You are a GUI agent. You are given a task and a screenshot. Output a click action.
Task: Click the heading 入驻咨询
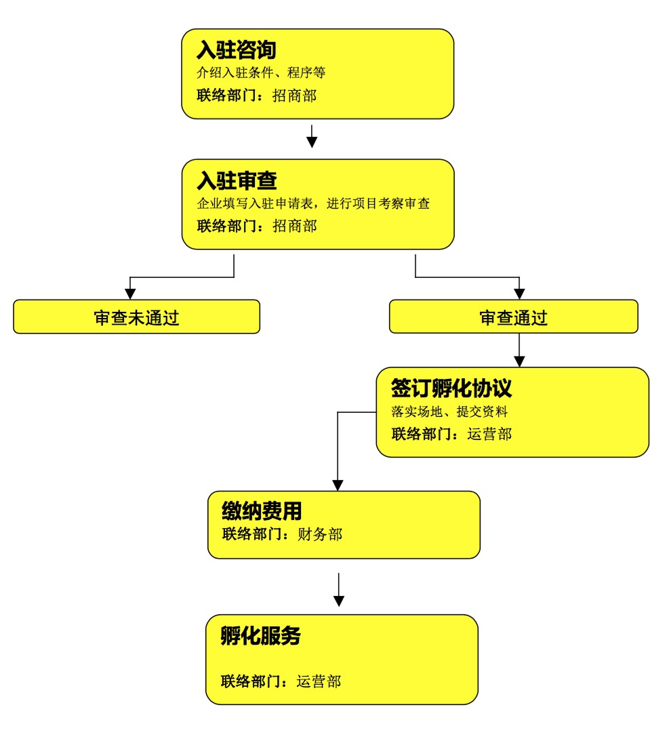(x=236, y=50)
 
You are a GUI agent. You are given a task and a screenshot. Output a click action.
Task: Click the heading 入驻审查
(x=237, y=180)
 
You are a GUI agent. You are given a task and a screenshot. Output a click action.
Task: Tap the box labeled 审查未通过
(x=137, y=317)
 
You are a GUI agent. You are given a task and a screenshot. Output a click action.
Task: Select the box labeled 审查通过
(x=514, y=317)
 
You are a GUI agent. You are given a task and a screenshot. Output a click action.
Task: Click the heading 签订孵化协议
(x=451, y=388)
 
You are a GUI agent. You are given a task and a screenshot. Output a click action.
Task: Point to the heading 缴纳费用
(x=262, y=511)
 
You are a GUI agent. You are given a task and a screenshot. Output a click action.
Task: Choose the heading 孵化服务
(x=260, y=635)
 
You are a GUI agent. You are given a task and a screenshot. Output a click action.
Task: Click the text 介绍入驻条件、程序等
(x=261, y=73)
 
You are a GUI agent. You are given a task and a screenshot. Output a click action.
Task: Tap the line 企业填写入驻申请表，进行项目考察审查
(x=313, y=203)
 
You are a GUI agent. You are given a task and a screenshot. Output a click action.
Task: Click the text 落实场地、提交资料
(x=449, y=412)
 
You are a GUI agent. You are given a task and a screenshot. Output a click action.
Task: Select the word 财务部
(x=320, y=534)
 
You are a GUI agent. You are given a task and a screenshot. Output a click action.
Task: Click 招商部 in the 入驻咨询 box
(x=295, y=96)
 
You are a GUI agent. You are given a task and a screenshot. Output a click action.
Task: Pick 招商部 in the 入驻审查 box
(x=295, y=226)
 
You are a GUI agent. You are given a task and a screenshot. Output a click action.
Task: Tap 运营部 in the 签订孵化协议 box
(x=489, y=434)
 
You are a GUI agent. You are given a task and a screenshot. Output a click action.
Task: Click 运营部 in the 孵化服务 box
(x=319, y=681)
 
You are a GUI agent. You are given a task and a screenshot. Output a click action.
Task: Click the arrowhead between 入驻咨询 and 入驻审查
(x=312, y=142)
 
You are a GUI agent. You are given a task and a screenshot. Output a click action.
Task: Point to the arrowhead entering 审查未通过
(x=131, y=294)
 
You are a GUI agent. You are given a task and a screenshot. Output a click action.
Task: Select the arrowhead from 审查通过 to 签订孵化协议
(x=519, y=361)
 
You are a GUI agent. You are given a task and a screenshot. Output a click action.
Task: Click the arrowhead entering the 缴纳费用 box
(x=338, y=485)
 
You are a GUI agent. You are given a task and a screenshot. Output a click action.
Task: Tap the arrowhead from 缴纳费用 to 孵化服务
(x=339, y=601)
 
